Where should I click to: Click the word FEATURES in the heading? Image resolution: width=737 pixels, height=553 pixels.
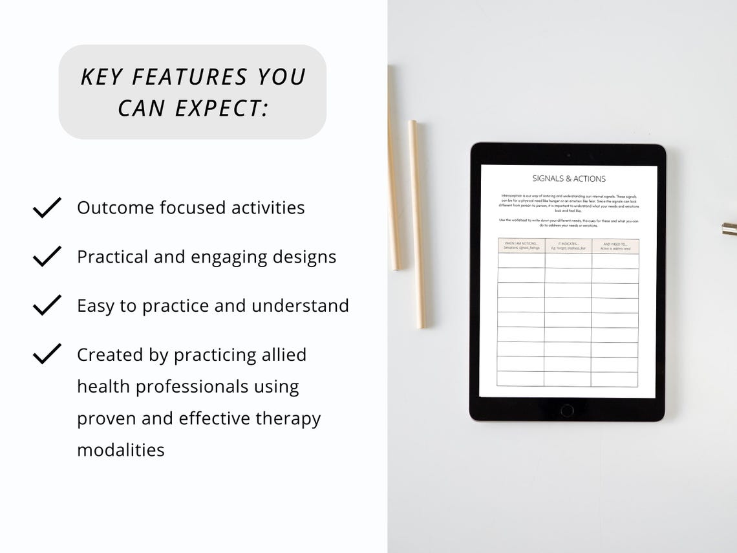point(190,77)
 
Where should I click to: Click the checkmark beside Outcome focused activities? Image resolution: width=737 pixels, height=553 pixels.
point(47,208)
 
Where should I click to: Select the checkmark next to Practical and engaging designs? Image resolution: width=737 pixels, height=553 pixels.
point(47,256)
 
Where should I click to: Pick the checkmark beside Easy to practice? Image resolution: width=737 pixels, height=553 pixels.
point(47,305)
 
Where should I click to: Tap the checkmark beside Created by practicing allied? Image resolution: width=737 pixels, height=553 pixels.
point(47,354)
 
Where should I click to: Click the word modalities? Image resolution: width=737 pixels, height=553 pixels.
point(121,450)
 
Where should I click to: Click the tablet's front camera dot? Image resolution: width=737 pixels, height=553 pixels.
point(568,155)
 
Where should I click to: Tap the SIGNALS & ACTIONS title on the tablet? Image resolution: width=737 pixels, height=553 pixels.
point(569,179)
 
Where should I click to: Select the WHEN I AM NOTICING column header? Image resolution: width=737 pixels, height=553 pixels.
point(521,246)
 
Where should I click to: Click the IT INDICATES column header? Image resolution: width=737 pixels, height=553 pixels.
point(568,246)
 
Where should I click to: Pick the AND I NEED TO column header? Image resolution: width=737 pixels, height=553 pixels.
point(615,246)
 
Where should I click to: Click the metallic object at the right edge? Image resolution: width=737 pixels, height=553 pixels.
point(730,228)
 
